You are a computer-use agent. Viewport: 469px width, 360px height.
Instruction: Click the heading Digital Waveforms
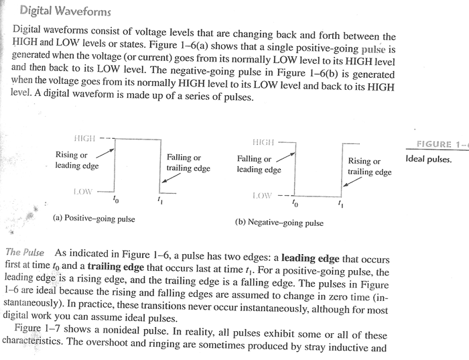click(x=65, y=11)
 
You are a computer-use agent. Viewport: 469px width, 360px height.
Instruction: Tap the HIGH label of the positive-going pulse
click(x=84, y=138)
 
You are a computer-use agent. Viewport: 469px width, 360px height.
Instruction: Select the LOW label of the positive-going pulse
click(x=83, y=192)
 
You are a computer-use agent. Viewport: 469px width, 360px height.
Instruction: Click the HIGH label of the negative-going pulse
click(x=263, y=142)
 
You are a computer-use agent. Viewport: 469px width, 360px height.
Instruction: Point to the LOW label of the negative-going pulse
click(x=263, y=196)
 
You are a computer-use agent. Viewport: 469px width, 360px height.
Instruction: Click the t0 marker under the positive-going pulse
click(x=115, y=198)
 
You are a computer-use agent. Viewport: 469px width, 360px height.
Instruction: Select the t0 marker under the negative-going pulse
click(x=295, y=204)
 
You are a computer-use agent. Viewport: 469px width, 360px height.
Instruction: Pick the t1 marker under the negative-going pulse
click(x=340, y=204)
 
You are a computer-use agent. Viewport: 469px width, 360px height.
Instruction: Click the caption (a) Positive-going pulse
click(x=94, y=219)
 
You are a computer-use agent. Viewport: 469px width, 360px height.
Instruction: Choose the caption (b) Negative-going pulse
click(x=279, y=223)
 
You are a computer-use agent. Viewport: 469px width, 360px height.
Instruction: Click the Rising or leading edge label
click(x=77, y=160)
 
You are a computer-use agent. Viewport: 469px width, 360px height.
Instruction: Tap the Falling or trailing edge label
click(x=188, y=163)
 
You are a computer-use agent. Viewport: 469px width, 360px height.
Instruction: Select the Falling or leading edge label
click(x=259, y=164)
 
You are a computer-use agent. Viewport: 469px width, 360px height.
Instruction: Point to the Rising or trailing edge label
click(x=369, y=167)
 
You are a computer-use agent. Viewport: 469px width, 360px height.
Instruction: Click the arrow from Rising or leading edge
click(x=105, y=153)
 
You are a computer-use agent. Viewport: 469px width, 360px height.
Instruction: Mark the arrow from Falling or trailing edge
click(x=171, y=178)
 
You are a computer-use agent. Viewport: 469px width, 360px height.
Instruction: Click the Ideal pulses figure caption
click(x=429, y=159)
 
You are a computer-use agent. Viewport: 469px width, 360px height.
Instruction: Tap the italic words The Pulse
click(x=25, y=252)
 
